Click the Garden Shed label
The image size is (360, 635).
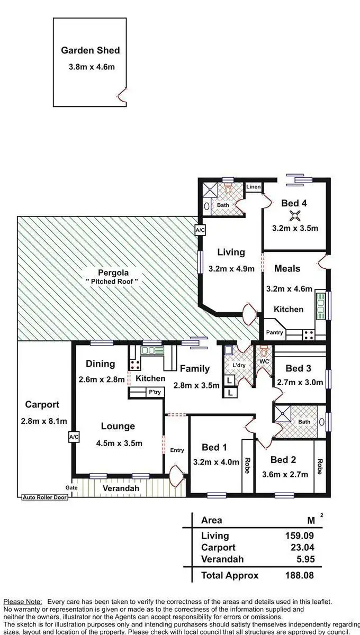90,51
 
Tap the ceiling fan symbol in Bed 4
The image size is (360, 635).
295,215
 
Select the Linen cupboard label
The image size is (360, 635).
254,187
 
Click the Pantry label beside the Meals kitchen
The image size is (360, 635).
274,333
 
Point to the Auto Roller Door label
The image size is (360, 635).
45,497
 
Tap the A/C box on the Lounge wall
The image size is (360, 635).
73,437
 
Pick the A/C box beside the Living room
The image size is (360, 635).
200,231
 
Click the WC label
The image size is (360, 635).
264,361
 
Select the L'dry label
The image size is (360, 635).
239,366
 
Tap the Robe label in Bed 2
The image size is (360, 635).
319,466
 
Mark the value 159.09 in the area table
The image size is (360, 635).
300,536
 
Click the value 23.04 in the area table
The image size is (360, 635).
300,548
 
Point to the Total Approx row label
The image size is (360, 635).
230,576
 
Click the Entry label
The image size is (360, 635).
177,450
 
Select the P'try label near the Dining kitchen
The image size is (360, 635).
155,392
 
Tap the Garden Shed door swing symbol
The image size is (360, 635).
122,95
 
